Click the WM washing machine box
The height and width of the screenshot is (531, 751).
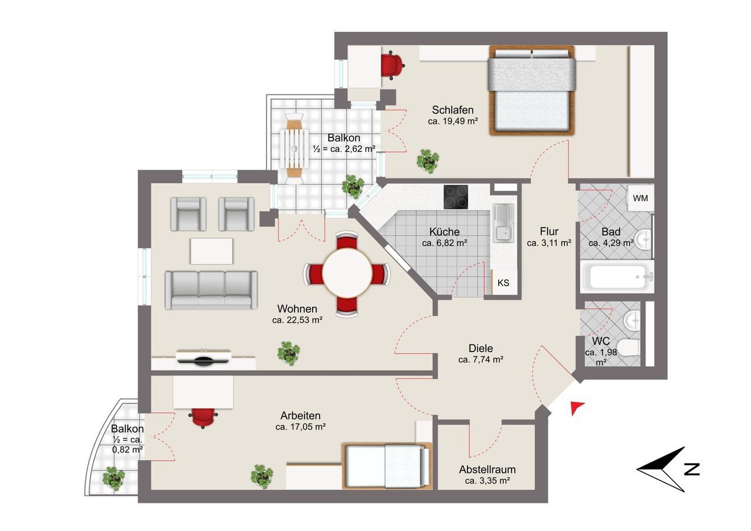[640, 198]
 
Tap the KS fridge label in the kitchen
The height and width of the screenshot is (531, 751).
[503, 283]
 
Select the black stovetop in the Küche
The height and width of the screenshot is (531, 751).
[456, 197]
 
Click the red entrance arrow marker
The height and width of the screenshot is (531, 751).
[577, 408]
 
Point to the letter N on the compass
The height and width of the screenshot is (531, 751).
[692, 469]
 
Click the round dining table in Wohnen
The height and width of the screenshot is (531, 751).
[347, 273]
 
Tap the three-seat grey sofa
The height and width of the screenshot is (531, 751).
[211, 290]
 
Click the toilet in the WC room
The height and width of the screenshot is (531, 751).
[628, 347]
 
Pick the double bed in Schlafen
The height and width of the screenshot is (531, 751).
[532, 90]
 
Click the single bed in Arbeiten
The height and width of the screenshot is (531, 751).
[387, 466]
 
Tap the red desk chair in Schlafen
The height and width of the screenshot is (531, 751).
[392, 65]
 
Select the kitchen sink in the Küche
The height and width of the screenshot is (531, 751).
[503, 223]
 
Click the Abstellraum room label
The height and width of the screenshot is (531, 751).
[487, 469]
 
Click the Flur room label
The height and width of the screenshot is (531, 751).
[549, 231]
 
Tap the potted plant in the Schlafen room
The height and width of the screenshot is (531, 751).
[428, 161]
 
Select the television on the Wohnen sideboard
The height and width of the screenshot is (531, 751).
[203, 361]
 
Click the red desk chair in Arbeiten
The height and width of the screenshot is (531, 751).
[202, 417]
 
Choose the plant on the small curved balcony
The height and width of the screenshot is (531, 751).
[114, 479]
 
